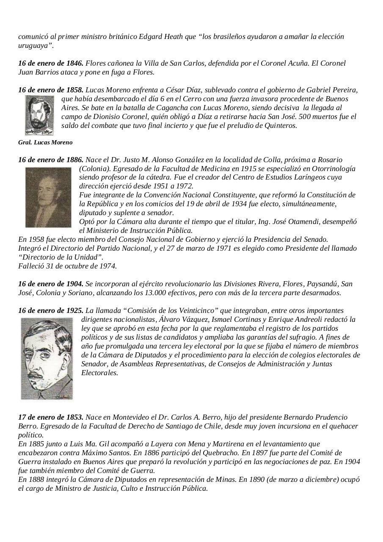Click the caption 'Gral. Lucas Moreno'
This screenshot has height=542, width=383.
(45, 143)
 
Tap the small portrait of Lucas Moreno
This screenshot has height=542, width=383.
(39, 115)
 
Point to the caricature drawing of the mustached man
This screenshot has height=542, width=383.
(47, 359)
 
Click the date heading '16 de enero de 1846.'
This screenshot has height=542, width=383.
(51, 64)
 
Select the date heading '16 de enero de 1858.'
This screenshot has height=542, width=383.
(51, 90)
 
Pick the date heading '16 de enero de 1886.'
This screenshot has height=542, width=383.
(51, 160)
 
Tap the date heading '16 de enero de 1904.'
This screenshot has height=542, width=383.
(51, 284)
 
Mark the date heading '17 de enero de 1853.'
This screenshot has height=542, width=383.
(51, 418)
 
